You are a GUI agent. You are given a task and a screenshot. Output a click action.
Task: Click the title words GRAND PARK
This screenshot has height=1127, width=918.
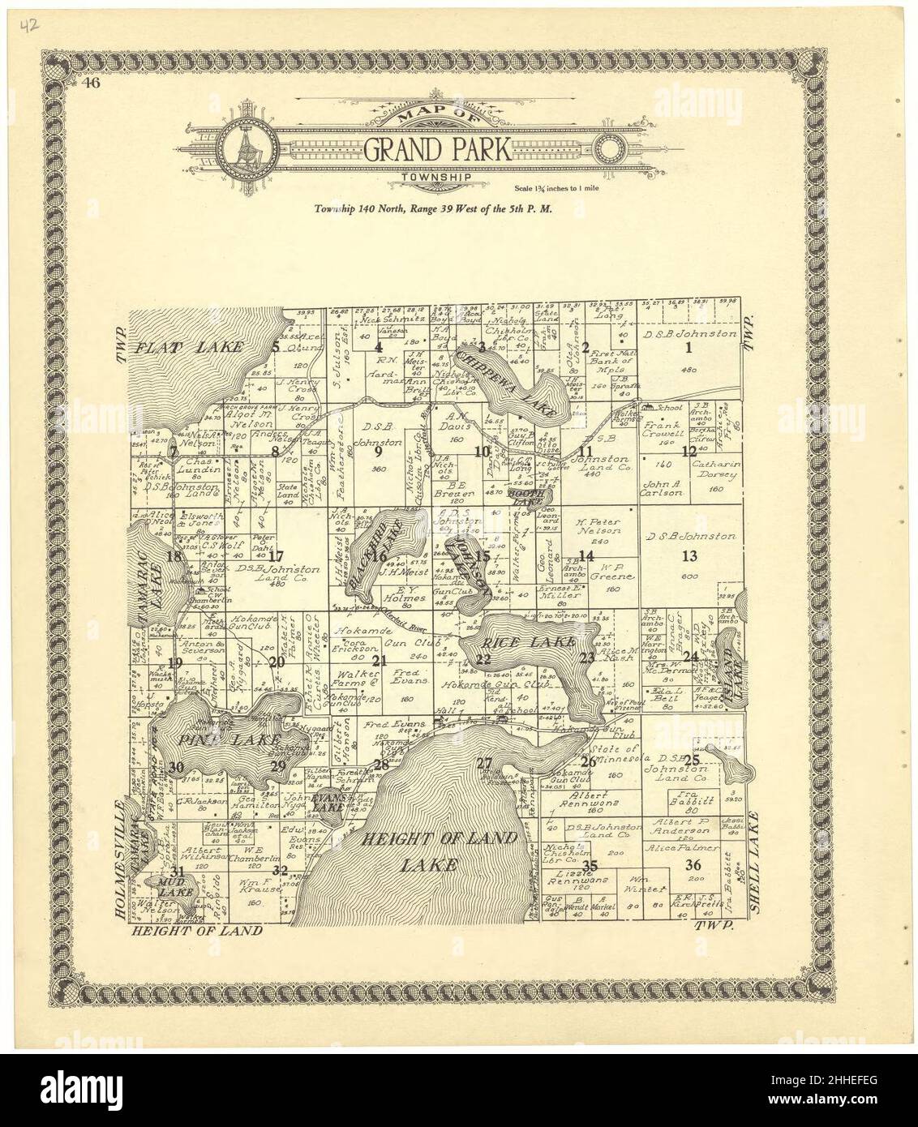point(436,149)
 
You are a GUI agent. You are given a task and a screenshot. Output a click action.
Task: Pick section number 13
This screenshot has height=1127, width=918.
point(689,556)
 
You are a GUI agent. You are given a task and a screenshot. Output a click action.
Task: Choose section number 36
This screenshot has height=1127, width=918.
point(693,863)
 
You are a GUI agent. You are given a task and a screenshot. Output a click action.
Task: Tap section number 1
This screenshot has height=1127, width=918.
point(689,349)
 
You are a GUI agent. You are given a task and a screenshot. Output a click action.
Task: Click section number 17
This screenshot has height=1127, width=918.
point(277,557)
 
